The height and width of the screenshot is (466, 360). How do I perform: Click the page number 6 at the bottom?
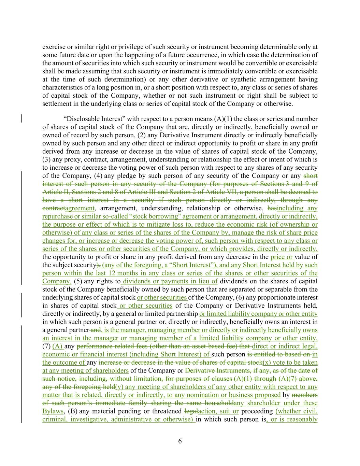(x=180, y=441)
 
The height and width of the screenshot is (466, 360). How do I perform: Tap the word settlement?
(x=56, y=104)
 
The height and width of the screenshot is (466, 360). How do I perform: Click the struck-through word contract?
(x=53, y=208)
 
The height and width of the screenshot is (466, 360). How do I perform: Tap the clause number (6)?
(x=242, y=298)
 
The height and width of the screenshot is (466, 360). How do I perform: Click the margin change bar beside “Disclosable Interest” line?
(x=22, y=119)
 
